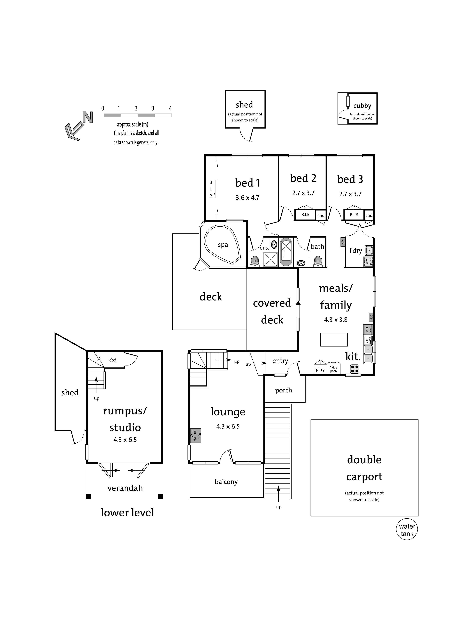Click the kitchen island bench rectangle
[334, 339]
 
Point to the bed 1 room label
[247, 183]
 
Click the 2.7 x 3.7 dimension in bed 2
[303, 193]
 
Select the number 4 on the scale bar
[170, 108]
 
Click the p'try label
[320, 369]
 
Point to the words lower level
[127, 512]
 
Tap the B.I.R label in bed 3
[354, 215]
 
